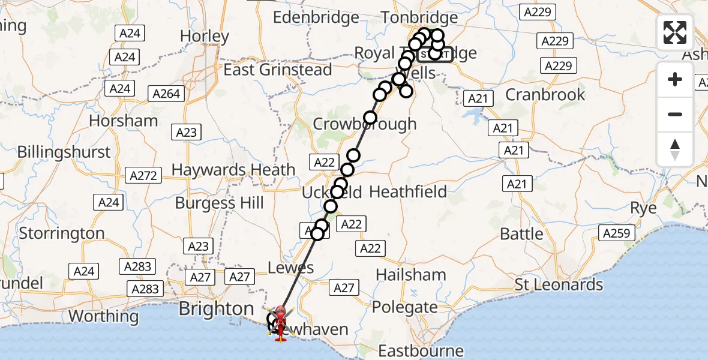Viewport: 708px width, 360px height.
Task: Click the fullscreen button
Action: tap(675, 32)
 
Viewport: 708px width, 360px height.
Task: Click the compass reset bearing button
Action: tap(675, 149)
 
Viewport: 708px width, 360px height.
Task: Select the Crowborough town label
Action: tap(365, 124)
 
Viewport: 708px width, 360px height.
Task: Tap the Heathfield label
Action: tap(408, 192)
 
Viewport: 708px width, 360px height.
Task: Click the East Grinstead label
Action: tap(278, 70)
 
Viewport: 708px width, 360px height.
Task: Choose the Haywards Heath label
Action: tap(233, 170)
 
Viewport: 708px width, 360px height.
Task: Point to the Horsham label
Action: tap(124, 121)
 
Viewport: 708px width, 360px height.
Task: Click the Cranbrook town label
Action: tap(545, 95)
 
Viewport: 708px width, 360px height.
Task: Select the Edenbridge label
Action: tap(316, 17)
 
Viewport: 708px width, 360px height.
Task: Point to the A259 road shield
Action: tap(616, 233)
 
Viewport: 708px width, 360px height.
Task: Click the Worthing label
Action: tap(104, 316)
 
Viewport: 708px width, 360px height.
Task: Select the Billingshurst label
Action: tap(64, 152)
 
